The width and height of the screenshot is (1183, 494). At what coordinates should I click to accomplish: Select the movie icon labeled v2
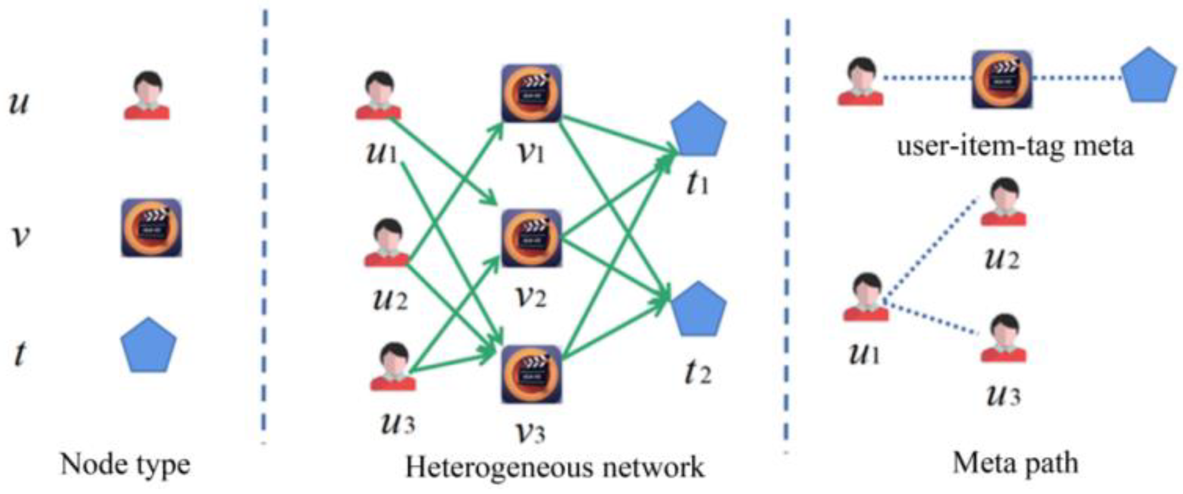click(531, 238)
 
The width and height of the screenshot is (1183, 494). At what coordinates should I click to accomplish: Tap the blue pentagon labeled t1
click(698, 129)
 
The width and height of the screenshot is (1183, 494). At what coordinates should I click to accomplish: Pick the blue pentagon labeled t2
click(698, 309)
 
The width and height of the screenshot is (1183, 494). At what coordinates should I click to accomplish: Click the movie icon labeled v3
click(531, 375)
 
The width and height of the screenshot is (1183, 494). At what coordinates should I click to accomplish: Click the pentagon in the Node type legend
click(148, 345)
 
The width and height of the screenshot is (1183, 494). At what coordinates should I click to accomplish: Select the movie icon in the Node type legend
click(151, 228)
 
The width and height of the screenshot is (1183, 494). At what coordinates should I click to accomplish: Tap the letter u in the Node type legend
click(19, 102)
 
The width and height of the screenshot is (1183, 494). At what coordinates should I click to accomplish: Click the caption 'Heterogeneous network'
click(555, 467)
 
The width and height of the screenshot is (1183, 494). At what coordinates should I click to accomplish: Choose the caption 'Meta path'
click(1015, 463)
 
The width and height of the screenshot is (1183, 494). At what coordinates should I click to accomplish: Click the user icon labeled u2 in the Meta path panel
click(1003, 202)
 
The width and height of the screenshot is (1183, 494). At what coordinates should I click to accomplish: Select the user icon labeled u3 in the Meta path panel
click(1003, 338)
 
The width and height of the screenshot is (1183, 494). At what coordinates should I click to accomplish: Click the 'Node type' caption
click(125, 465)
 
